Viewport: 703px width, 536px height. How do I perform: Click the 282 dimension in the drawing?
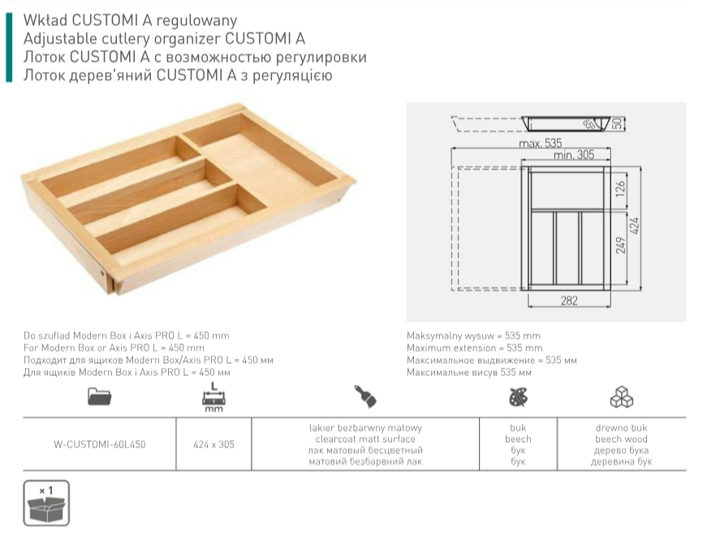tap(569, 300)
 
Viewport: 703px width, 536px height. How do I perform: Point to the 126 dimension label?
tap(620, 190)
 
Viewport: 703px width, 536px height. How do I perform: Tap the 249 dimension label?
tap(620, 245)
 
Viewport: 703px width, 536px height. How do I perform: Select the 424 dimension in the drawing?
tap(634, 226)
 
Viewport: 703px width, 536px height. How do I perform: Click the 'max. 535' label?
tap(541, 143)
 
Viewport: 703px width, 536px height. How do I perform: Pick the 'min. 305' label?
tap(574, 155)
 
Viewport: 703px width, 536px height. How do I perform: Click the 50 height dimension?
tap(618, 123)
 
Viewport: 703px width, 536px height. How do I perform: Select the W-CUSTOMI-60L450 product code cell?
tap(100, 444)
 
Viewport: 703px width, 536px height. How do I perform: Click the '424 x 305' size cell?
tap(213, 444)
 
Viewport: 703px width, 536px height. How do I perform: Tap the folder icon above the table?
tap(100, 396)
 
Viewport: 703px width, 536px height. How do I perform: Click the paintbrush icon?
tap(365, 396)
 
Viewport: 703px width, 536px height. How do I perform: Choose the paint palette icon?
tap(518, 397)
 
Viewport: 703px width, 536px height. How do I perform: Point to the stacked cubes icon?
tap(621, 397)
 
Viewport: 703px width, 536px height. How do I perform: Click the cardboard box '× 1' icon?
tap(46, 503)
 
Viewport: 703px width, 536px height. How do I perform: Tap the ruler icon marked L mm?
tap(213, 397)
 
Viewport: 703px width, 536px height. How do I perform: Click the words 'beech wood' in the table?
tap(621, 439)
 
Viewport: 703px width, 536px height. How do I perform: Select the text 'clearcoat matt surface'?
tap(365, 439)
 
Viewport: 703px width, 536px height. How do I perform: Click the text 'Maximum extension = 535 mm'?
tap(474, 348)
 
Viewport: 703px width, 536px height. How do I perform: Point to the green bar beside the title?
tap(9, 48)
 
